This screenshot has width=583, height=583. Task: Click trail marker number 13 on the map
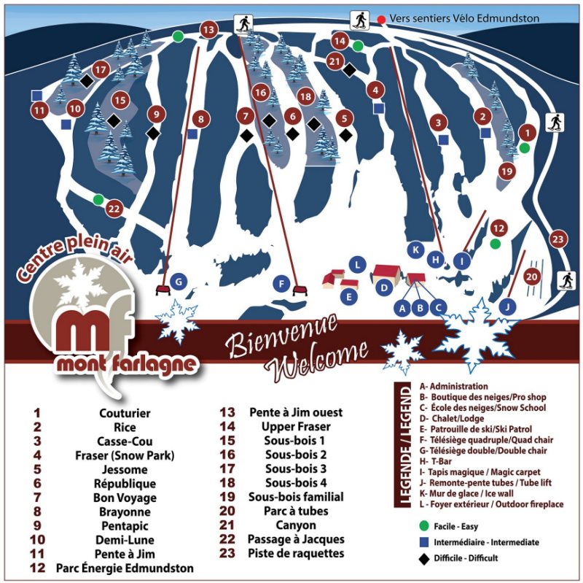[208, 30]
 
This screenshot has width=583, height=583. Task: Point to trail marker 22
[114, 209]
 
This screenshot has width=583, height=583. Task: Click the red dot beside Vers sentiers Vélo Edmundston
[380, 18]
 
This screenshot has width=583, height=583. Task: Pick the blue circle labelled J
[508, 305]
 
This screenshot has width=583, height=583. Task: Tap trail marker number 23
[558, 239]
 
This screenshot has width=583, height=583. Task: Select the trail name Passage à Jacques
[296, 539]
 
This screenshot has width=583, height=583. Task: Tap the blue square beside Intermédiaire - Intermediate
[424, 542]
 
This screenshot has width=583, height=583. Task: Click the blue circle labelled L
[356, 264]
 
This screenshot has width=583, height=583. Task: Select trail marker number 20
[532, 277]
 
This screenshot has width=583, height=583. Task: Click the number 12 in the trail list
[39, 567]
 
